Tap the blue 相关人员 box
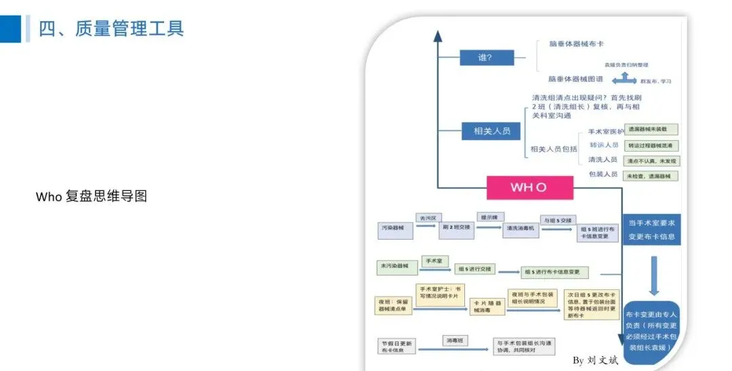tap(492, 130)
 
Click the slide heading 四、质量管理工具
tap(111, 28)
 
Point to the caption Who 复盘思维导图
tap(91, 196)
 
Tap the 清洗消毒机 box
tap(521, 229)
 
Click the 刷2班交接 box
tap(455, 228)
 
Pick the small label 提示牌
tap(489, 217)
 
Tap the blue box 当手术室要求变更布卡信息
tap(651, 230)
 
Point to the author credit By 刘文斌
tap(596, 360)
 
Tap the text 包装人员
tap(603, 175)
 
